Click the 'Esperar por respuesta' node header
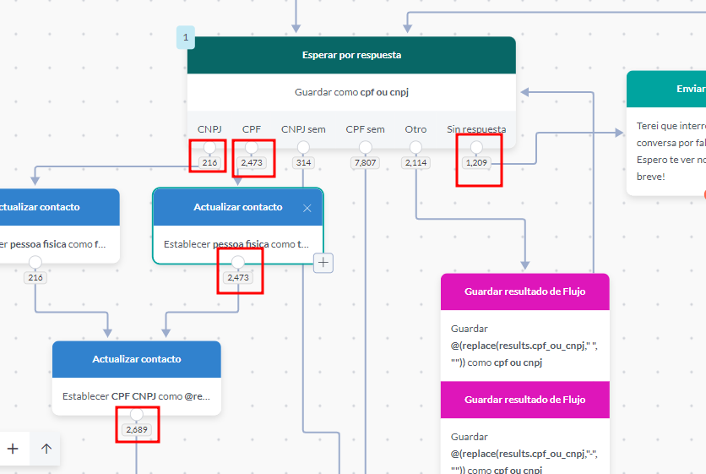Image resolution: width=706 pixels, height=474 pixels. tap(351, 55)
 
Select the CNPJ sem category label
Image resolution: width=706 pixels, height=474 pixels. tap(303, 129)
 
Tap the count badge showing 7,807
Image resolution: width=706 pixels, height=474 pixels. tap(366, 162)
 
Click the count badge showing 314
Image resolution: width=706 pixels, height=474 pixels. tap(303, 162)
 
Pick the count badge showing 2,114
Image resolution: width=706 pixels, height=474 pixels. tap(415, 162)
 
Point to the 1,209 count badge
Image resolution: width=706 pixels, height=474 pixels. tap(477, 162)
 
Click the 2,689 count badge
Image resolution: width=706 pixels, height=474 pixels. tap(137, 430)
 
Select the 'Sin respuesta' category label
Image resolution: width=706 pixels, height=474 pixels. tap(476, 129)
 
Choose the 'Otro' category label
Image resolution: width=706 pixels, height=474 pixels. tap(415, 129)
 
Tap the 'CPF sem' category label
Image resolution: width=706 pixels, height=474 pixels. tap(365, 129)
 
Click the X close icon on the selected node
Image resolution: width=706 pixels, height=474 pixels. tap(307, 208)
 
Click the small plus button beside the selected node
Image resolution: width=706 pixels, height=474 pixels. tap(323, 264)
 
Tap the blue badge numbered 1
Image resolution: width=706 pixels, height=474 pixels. tap(186, 37)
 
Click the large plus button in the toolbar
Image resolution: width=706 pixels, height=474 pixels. tap(13, 449)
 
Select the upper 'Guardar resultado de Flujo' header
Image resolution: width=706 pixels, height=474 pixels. tap(524, 291)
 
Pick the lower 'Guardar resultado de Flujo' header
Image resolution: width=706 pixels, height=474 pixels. tap(524, 400)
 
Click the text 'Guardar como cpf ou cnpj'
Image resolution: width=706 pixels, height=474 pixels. tap(351, 92)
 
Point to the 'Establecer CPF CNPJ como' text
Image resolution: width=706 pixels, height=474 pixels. tap(136, 395)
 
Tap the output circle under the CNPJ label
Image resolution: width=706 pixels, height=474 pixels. tap(209, 148)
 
